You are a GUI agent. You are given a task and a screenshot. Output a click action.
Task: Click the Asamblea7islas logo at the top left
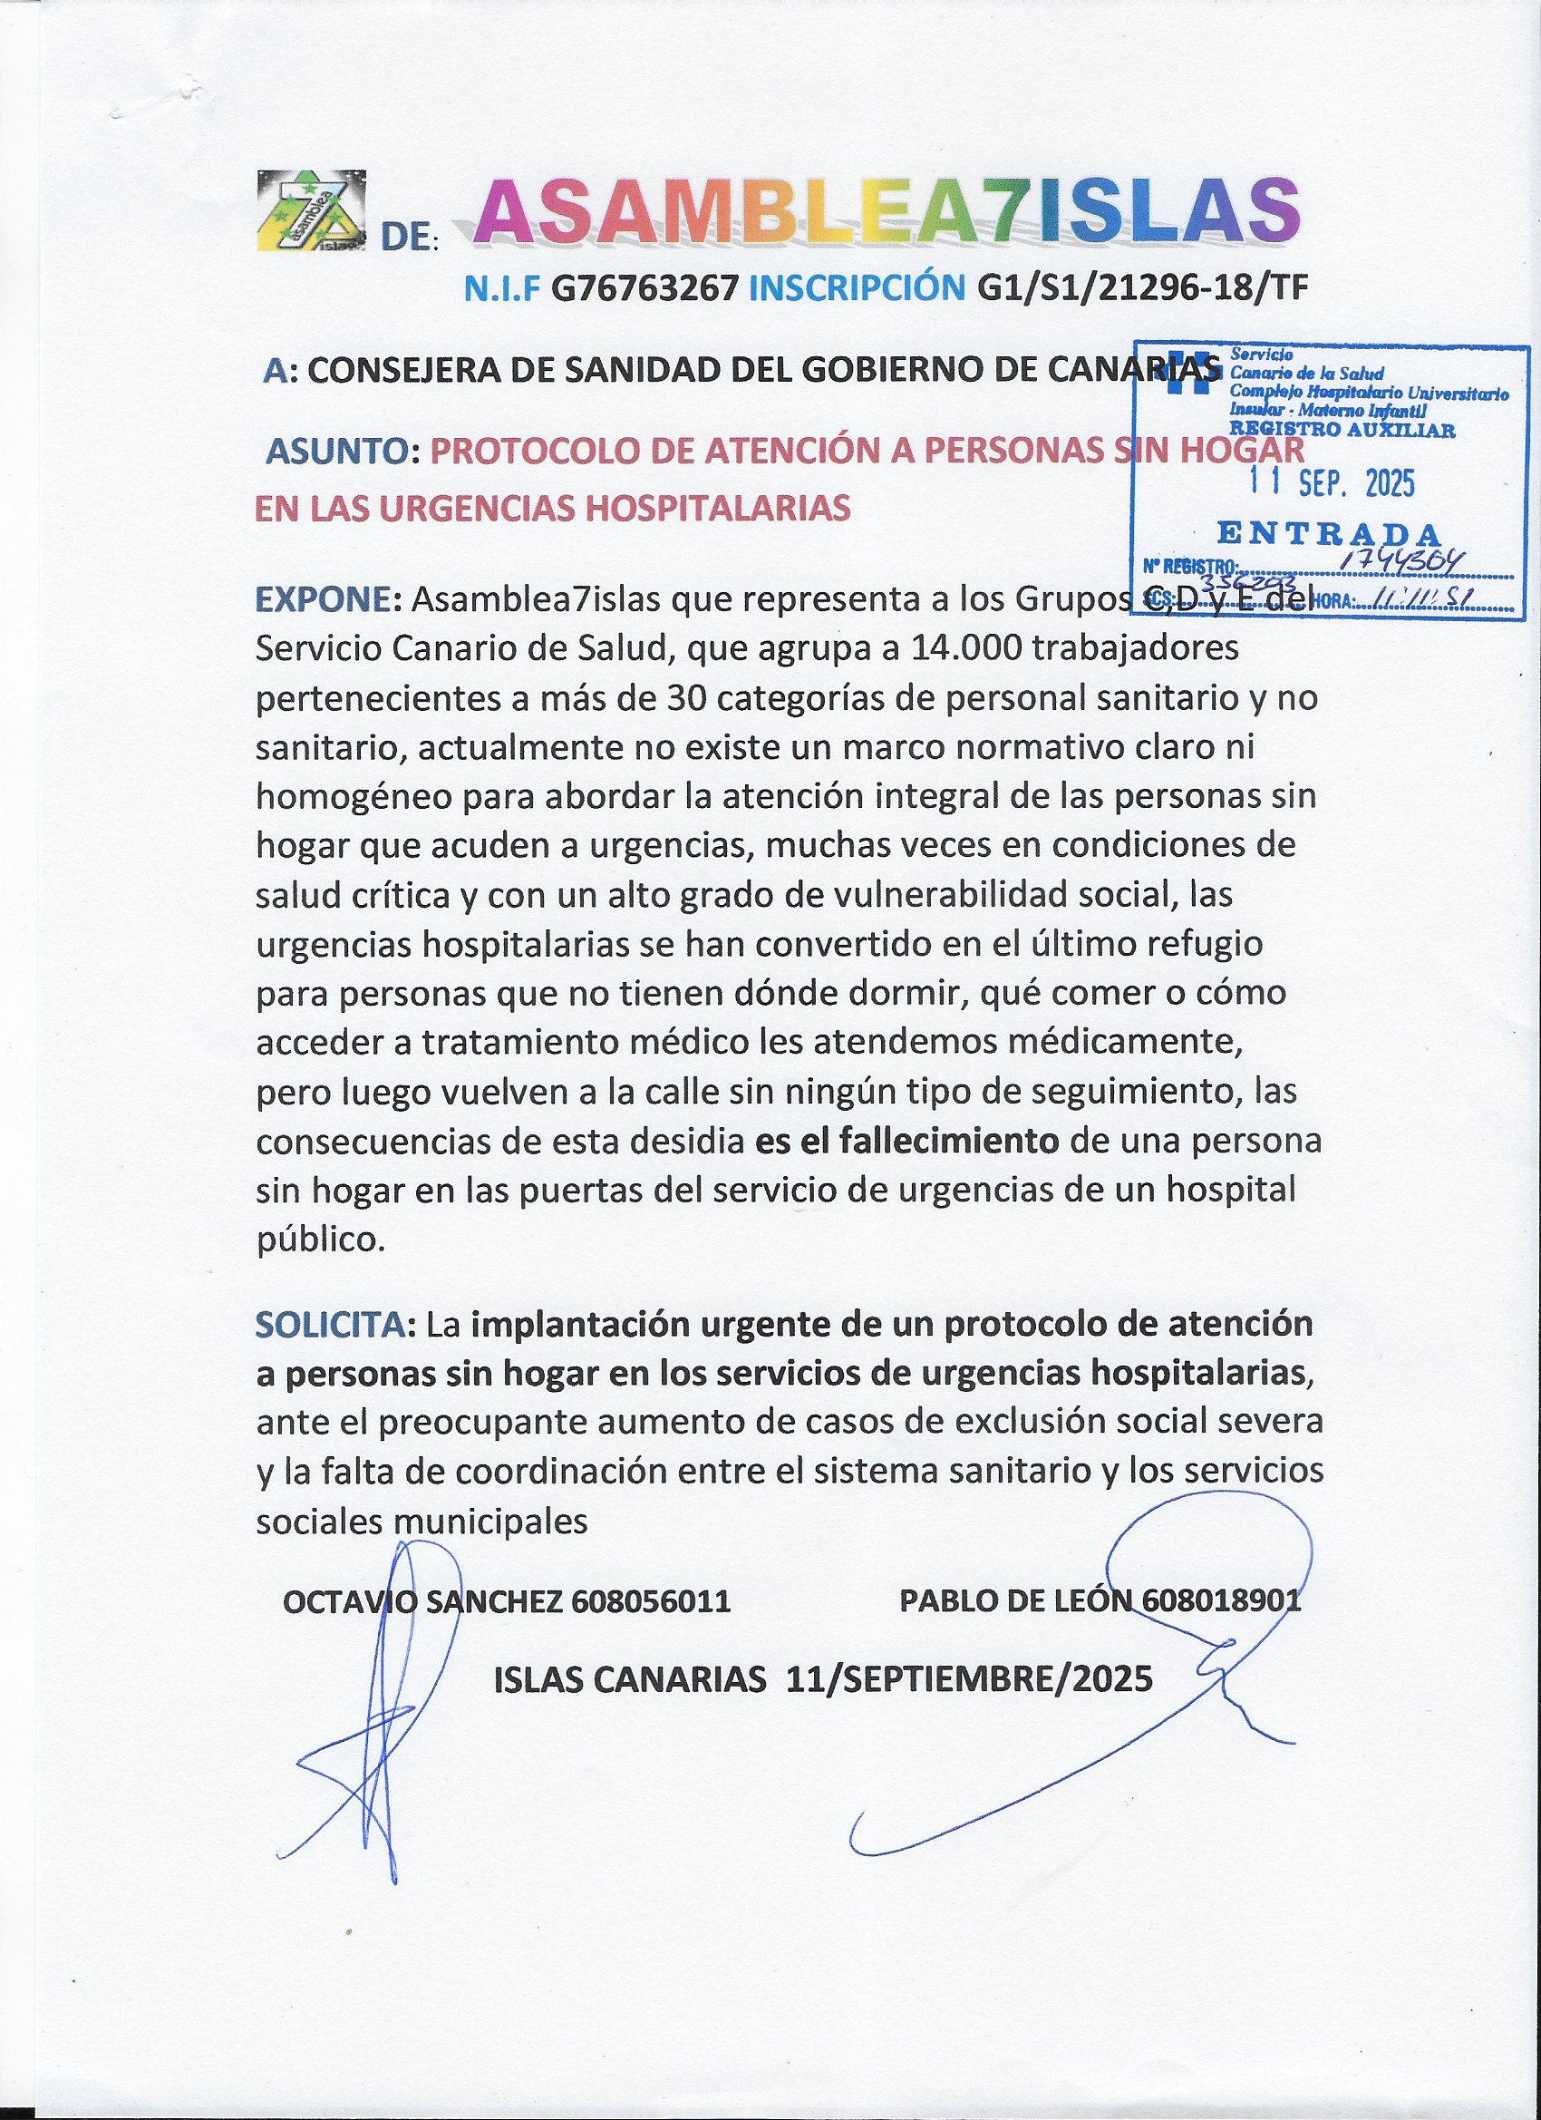tap(311, 212)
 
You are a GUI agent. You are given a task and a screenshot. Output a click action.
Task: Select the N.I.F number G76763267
tap(645, 289)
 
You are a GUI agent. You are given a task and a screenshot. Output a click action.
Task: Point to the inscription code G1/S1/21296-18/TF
tap(1142, 289)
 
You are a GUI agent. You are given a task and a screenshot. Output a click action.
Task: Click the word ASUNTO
tap(337, 452)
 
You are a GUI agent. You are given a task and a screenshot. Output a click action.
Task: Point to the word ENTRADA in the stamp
tap(1329, 535)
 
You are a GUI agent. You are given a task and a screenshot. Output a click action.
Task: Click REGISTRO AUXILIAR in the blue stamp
tap(1342, 430)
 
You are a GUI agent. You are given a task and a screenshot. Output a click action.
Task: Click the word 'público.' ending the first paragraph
tap(321, 1240)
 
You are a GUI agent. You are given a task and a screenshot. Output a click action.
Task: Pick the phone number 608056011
tap(649, 1601)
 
